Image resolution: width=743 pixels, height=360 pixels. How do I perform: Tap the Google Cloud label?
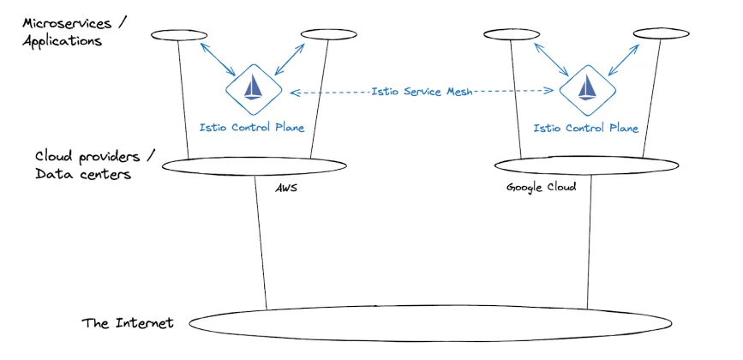541,186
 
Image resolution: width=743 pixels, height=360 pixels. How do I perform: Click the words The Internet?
128,323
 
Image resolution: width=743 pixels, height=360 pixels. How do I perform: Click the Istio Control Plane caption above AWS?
251,128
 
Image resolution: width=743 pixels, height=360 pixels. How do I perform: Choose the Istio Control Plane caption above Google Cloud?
586,128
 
